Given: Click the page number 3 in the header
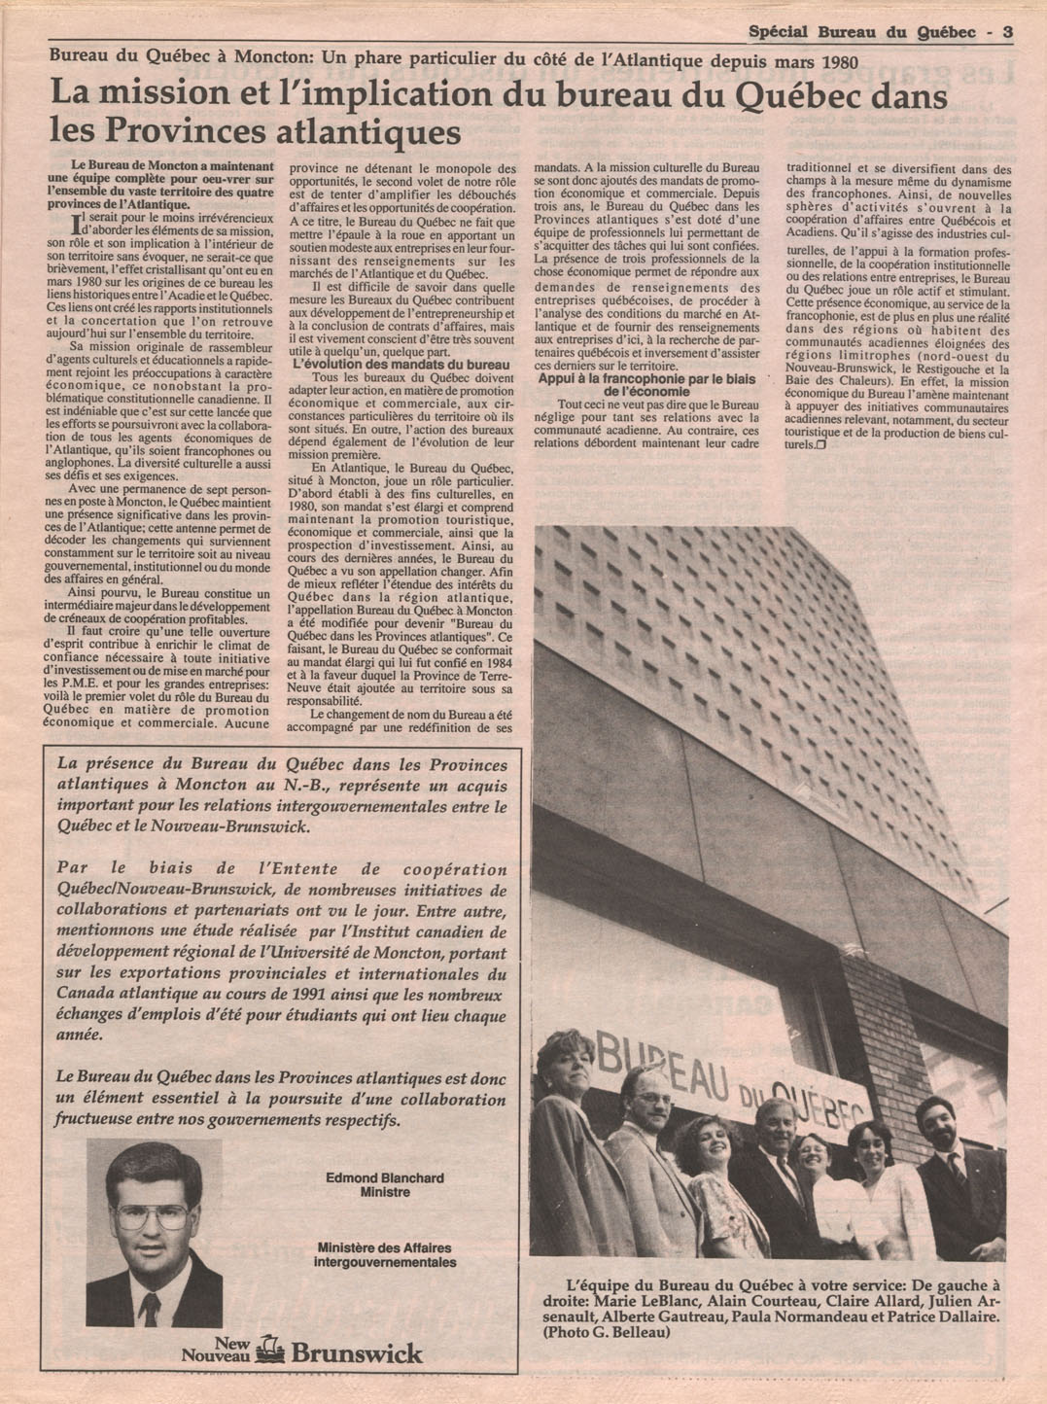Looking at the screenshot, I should [1008, 32].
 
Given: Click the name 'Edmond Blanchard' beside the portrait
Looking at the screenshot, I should [385, 1177].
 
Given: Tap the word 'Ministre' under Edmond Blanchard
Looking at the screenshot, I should [385, 1192].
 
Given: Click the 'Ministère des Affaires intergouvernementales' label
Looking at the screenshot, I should [385, 1254].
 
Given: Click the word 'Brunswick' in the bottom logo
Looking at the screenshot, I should [357, 1352].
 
